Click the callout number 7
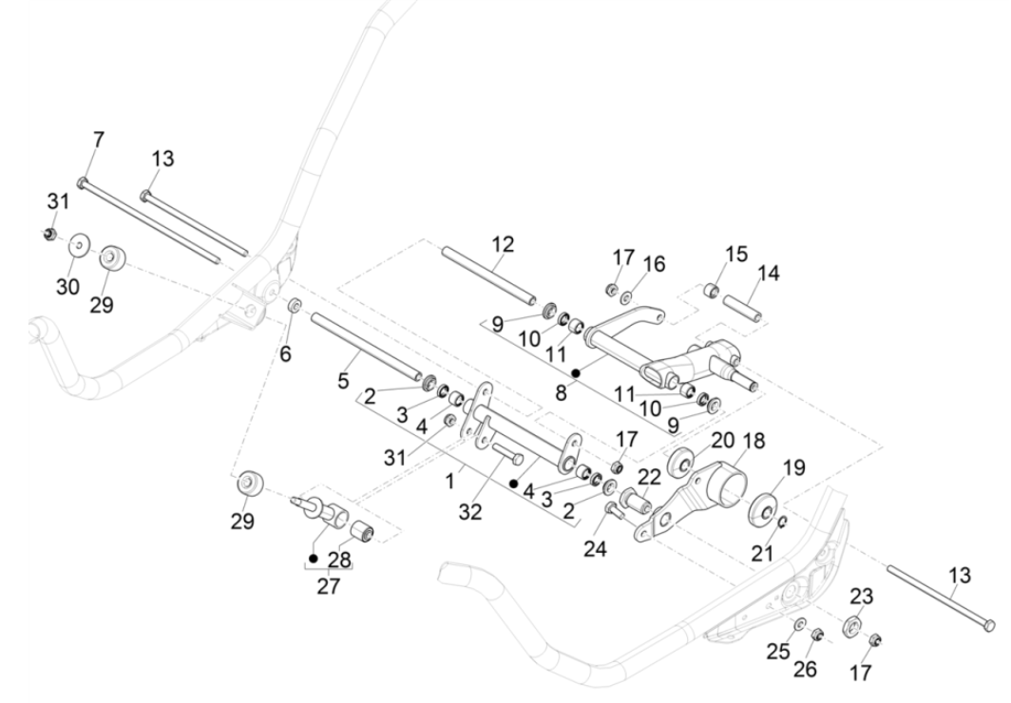[x=99, y=140]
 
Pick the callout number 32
[x=470, y=512]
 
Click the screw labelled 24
[x=613, y=513]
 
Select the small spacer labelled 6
[x=295, y=306]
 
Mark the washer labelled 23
[x=852, y=627]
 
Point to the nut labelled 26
[x=817, y=634]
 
